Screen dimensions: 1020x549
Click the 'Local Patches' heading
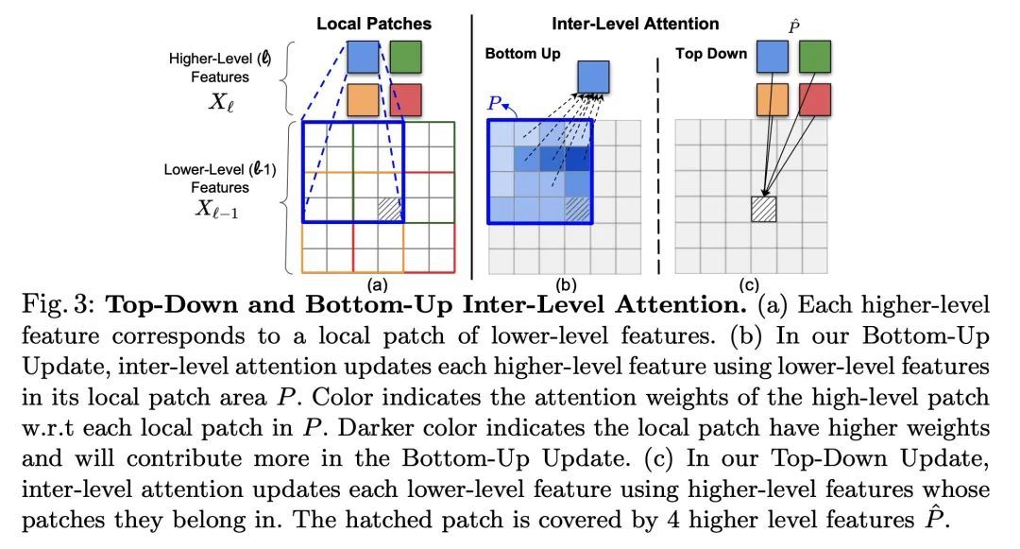[x=374, y=24]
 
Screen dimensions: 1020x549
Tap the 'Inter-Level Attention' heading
[x=636, y=24]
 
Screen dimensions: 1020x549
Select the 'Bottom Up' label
[x=522, y=54]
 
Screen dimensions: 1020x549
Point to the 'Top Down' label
[x=711, y=54]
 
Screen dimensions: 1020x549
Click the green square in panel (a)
[x=406, y=57]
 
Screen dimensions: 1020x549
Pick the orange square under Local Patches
[x=363, y=99]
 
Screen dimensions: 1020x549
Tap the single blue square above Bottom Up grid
[x=594, y=77]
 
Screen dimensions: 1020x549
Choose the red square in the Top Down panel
[x=815, y=99]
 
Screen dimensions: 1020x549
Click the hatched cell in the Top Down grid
[x=764, y=210]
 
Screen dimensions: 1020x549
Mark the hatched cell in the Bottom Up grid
[x=578, y=210]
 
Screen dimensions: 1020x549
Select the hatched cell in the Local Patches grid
[x=390, y=210]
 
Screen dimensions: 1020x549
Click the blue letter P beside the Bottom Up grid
[x=495, y=104]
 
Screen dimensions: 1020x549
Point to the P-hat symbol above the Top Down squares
[x=793, y=26]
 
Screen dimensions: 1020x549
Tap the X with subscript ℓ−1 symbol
[x=217, y=209]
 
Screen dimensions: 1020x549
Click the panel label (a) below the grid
[x=377, y=284]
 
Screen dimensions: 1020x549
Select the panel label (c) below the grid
[x=749, y=284]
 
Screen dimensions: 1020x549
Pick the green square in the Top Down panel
[x=815, y=57]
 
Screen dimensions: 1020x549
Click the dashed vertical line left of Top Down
[x=658, y=166]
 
